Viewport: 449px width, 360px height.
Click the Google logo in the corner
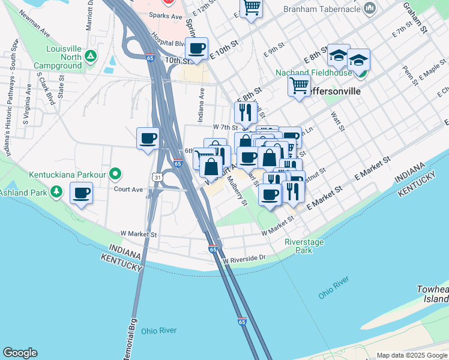(20, 353)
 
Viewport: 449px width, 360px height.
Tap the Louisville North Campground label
(57, 57)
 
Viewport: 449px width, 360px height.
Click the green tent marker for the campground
(91, 56)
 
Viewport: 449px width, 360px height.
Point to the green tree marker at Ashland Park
(56, 191)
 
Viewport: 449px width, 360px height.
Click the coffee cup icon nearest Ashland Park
(82, 193)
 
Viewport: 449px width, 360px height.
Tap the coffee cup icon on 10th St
(196, 48)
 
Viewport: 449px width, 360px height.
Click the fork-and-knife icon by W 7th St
(245, 112)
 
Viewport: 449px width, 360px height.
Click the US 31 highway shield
(157, 178)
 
